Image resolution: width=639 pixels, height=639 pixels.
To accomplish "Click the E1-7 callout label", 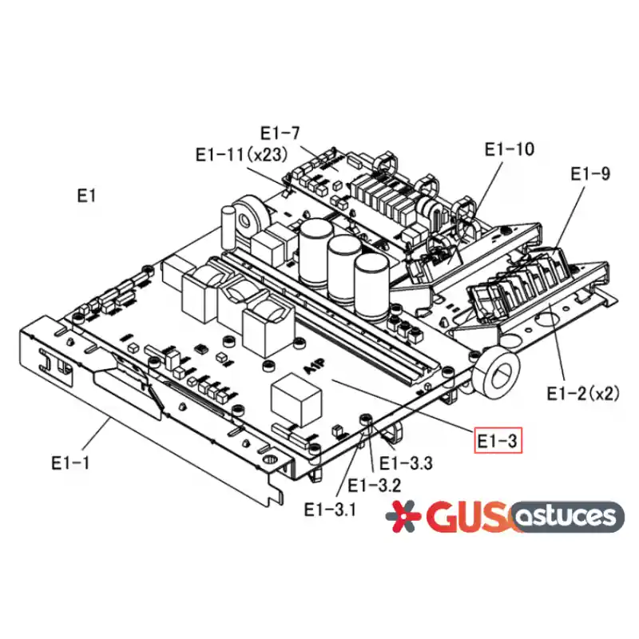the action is (280, 133).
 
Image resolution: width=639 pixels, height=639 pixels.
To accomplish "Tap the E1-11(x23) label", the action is (242, 155).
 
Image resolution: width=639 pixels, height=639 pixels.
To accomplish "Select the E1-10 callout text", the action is (509, 149).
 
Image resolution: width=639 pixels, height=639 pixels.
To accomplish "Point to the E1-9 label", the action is (590, 174).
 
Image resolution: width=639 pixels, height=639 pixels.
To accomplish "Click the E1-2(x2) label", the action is (583, 394).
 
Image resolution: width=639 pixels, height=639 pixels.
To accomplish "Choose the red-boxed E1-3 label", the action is (498, 441).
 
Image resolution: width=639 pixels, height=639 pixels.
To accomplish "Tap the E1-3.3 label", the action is (406, 463).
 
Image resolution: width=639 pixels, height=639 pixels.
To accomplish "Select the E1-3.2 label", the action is (374, 486).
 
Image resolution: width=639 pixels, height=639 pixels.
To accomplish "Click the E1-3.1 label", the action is (330, 510).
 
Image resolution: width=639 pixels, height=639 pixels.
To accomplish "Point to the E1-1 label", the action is (70, 463).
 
